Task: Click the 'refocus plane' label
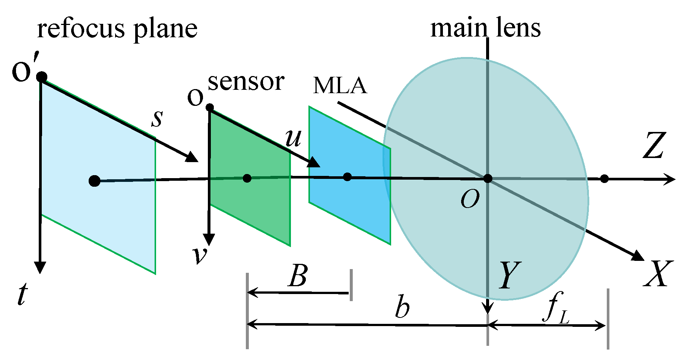[x=117, y=29]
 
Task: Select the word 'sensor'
[x=246, y=82]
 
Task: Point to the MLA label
[x=340, y=85]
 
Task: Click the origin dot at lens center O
[x=488, y=179]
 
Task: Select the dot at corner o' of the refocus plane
[x=42, y=77]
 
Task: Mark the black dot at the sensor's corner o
[x=210, y=108]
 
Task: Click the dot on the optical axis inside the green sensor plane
[x=247, y=179]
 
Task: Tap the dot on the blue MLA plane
[x=347, y=177]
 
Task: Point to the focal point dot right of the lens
[x=604, y=179]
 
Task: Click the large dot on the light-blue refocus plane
[x=95, y=181]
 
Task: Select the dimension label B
[x=298, y=276]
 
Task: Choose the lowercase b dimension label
[x=402, y=307]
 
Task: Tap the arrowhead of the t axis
[x=40, y=268]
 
